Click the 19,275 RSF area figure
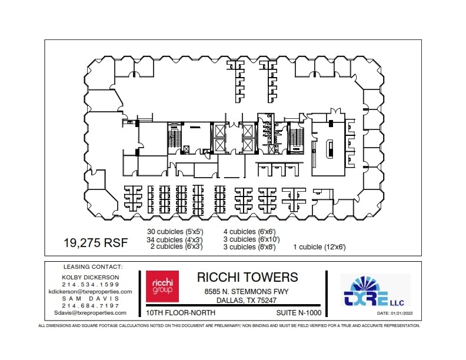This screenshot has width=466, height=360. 91,242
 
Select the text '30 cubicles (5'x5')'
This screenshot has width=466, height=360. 175,232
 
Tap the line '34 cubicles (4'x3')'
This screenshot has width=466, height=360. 175,239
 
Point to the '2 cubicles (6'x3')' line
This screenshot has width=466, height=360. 177,247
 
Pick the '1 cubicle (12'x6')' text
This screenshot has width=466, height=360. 319,247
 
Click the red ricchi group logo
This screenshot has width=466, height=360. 157,286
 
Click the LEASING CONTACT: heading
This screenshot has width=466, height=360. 89,266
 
